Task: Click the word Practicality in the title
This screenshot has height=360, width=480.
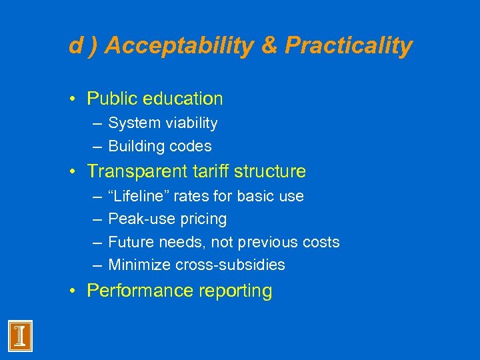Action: click(x=349, y=45)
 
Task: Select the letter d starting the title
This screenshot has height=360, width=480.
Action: click(x=75, y=45)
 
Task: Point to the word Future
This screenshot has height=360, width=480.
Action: click(x=127, y=242)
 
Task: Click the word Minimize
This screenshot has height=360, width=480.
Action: click(x=139, y=265)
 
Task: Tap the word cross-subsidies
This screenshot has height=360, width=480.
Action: click(x=230, y=265)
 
